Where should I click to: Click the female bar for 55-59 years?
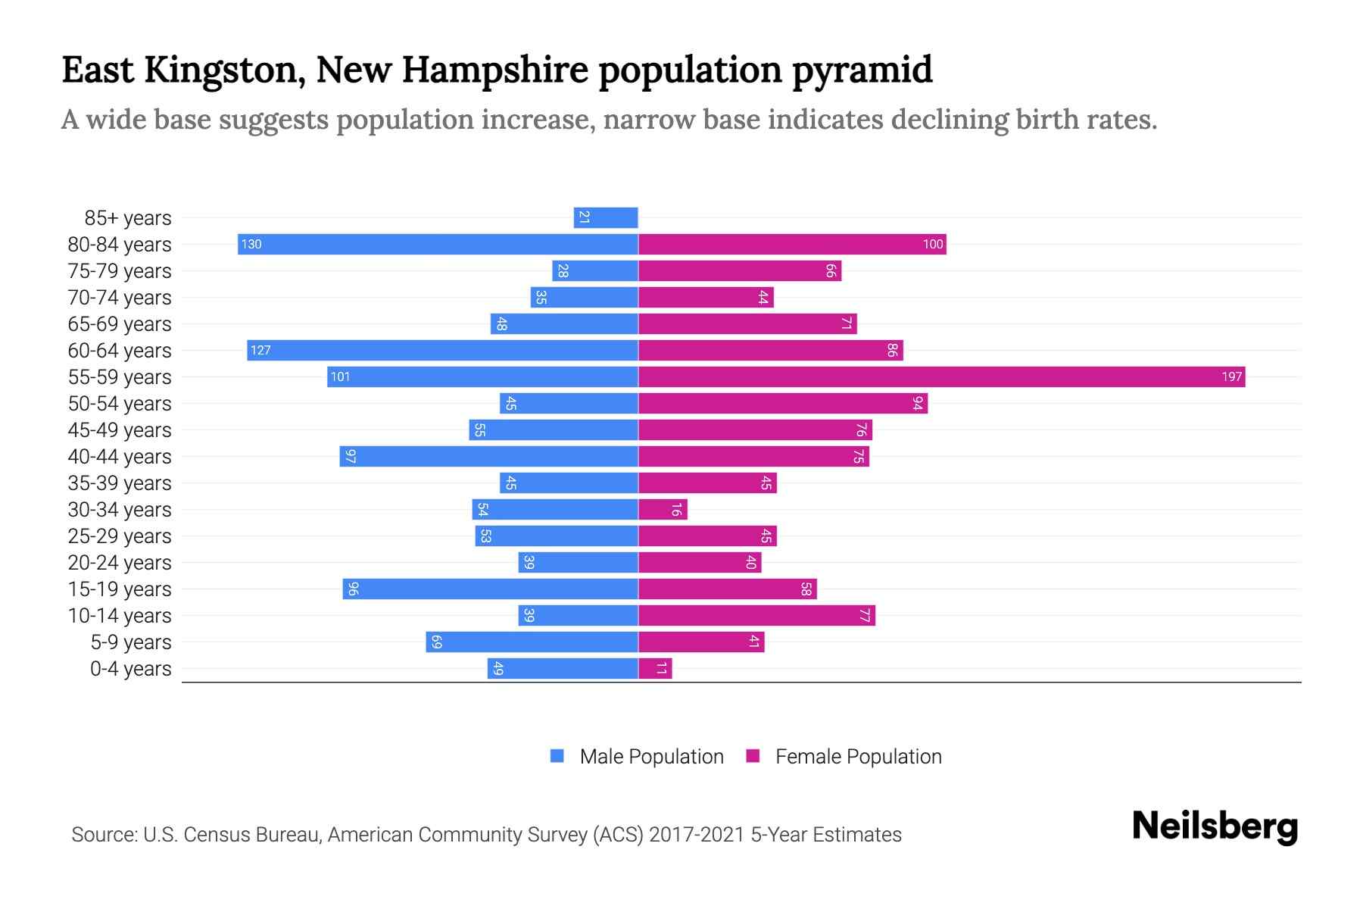coord(941,376)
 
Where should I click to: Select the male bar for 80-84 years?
coord(438,244)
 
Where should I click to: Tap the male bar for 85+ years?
coord(606,217)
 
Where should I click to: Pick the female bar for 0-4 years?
coord(655,668)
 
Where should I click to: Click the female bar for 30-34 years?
coord(663,509)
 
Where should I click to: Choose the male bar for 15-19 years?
coord(490,589)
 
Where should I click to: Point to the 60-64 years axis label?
coord(120,351)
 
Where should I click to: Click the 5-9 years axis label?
coord(131,642)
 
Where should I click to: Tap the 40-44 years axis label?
coord(120,457)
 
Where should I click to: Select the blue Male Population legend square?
coord(557,756)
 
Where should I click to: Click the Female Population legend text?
coord(858,757)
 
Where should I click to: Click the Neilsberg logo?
coord(1215,826)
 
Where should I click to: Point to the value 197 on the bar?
coord(1231,376)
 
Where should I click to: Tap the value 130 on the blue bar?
coord(251,244)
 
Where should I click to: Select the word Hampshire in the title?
coord(494,70)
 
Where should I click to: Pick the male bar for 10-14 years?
coord(579,615)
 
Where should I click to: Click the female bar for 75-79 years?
coord(740,270)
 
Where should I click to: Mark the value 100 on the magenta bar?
coord(932,244)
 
